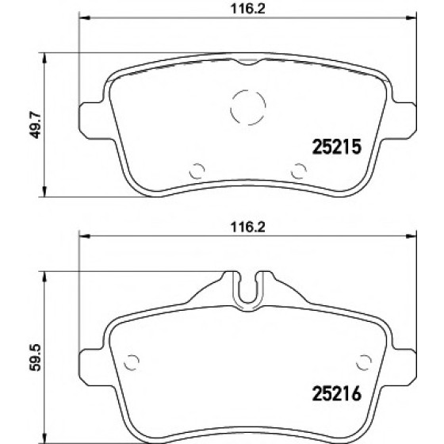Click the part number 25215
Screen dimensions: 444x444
coord(337,147)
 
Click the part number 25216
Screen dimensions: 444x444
coord(337,393)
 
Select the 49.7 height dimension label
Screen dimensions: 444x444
coord(36,124)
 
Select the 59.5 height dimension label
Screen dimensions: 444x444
coord(36,358)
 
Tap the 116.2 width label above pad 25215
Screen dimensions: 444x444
coord(247,9)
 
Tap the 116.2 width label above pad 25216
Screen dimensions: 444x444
coord(247,227)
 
